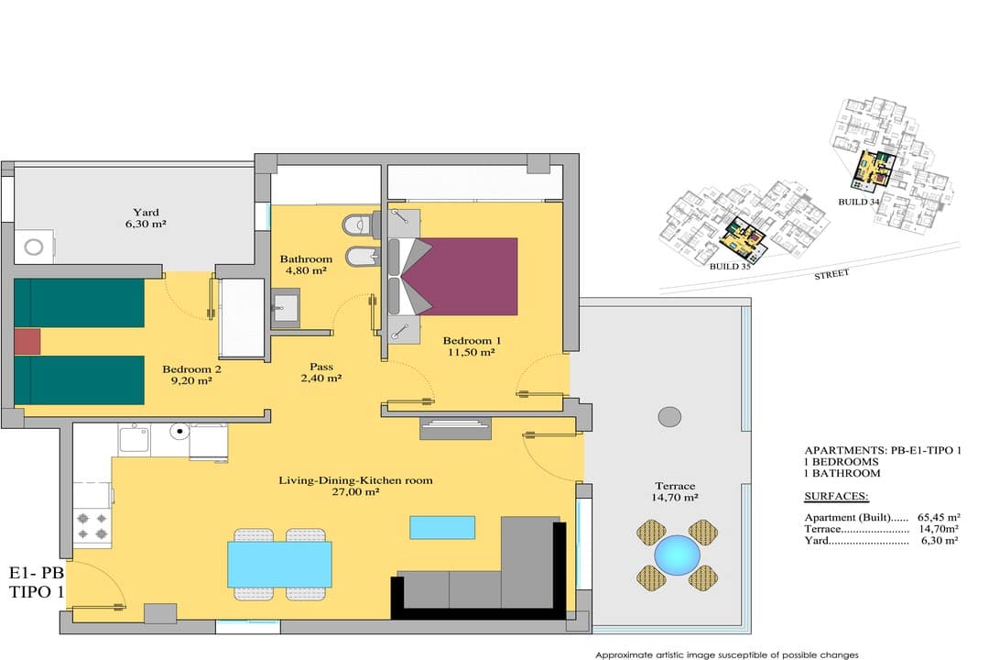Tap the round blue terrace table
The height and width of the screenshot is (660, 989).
(x=677, y=555)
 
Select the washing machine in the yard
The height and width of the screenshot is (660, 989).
(x=35, y=247)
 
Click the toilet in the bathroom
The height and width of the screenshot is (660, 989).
(x=360, y=224)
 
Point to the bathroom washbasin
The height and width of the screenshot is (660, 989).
(x=285, y=307)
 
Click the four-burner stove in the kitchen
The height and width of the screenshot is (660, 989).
(x=92, y=526)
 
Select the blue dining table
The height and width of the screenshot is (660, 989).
(x=279, y=564)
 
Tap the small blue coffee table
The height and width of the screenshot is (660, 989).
(x=442, y=527)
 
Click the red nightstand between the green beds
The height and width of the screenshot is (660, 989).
(x=27, y=341)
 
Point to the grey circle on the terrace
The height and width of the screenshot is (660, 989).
(x=669, y=417)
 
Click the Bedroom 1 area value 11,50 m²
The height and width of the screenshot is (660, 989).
(x=472, y=352)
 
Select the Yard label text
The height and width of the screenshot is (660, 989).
(x=146, y=213)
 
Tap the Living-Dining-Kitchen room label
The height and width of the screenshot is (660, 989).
(x=355, y=480)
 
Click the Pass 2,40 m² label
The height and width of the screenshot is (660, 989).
(x=321, y=372)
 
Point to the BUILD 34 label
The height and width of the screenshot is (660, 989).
(x=858, y=202)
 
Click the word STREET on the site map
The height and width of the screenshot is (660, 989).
(x=831, y=274)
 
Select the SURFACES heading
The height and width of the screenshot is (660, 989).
(x=836, y=497)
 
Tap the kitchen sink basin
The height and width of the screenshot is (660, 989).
(x=134, y=440)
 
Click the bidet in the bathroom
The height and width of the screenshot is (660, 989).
(x=362, y=255)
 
